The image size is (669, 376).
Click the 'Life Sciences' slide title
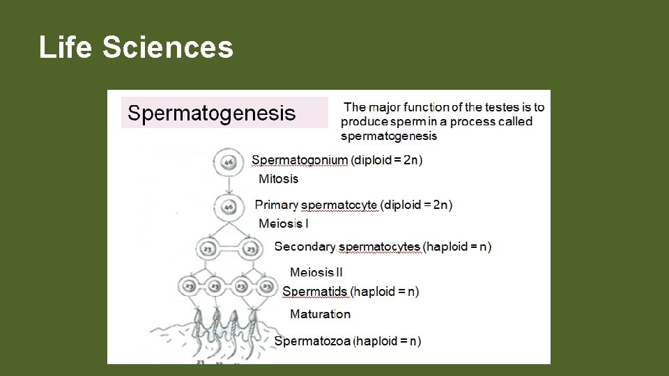[x=136, y=48]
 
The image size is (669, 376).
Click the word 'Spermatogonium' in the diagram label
[x=299, y=160]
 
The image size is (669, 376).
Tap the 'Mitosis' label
[x=278, y=179]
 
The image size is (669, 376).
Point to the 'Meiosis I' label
[x=283, y=224]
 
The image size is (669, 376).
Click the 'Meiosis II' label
[x=316, y=272]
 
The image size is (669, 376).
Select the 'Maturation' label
[x=320, y=314]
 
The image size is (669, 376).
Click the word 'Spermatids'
[x=314, y=292]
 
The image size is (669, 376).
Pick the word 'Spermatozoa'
[x=313, y=341]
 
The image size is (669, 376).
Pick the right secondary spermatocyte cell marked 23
[x=251, y=248]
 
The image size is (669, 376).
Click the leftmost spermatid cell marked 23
[x=190, y=286]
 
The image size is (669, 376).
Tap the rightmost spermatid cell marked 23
[x=266, y=286]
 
